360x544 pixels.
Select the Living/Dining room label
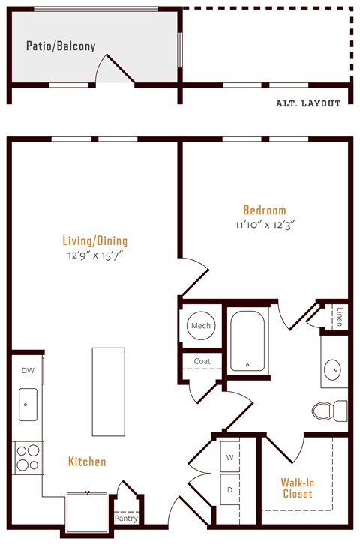click(x=94, y=241)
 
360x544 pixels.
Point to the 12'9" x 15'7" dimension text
click(x=94, y=256)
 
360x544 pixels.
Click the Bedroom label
click(x=264, y=211)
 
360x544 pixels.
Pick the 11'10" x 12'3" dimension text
click(x=264, y=225)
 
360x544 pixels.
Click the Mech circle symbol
click(x=201, y=326)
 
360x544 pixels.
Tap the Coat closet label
click(x=202, y=361)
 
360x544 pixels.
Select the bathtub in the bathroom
click(x=247, y=341)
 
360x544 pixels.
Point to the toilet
click(x=328, y=410)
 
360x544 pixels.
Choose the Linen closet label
click(x=340, y=316)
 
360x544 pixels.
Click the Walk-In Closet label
click(x=298, y=489)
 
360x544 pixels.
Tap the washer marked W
click(x=229, y=456)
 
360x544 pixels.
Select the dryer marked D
click(x=229, y=489)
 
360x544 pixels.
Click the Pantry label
click(x=125, y=518)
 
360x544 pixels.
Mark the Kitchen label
click(x=87, y=462)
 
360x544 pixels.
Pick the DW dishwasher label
click(x=27, y=370)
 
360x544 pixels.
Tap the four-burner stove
click(x=27, y=457)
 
